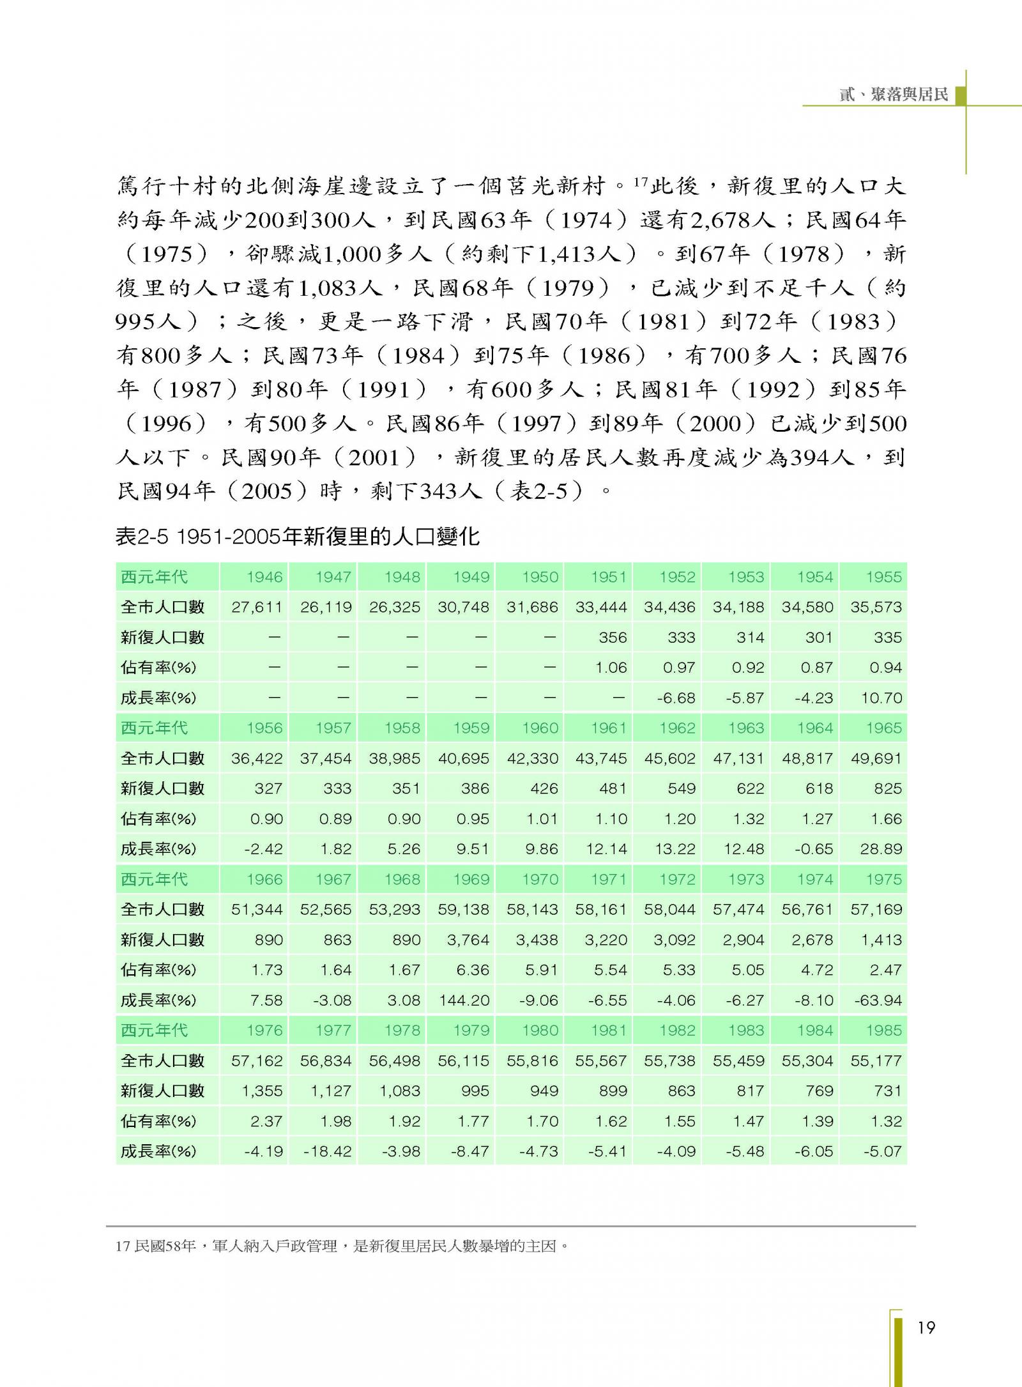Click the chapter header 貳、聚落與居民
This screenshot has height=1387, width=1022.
click(x=893, y=95)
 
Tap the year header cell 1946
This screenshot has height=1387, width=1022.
click(x=264, y=577)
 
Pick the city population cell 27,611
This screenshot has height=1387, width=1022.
click(x=257, y=607)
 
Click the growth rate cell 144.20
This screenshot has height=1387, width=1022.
click(x=464, y=1000)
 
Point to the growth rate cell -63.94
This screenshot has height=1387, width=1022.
click(x=878, y=1000)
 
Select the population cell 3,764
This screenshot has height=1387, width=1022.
click(x=464, y=940)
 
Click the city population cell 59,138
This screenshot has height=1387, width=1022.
click(x=464, y=909)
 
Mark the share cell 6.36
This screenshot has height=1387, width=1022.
click(x=473, y=970)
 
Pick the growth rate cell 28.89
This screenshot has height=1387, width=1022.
click(x=881, y=849)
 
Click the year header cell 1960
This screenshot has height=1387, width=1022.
click(x=540, y=728)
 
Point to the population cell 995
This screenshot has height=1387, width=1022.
click(x=475, y=1091)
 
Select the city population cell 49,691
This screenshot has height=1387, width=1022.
click(x=876, y=758)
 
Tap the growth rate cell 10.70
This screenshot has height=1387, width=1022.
click(x=881, y=698)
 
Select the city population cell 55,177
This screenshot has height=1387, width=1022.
click(x=876, y=1061)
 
